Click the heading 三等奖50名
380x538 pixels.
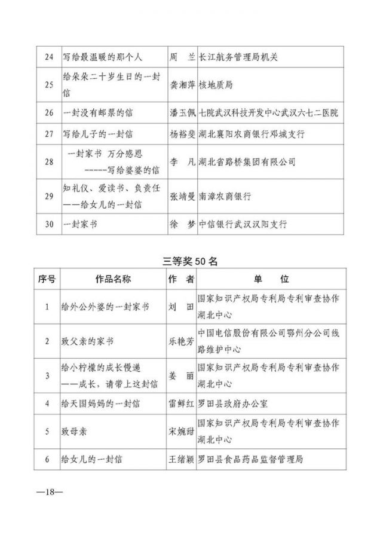point(189,261)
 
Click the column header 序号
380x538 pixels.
point(47,279)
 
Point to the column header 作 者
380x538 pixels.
point(182,279)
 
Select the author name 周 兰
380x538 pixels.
point(182,58)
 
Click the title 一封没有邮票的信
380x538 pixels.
point(99,112)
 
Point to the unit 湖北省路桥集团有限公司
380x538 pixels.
point(246,162)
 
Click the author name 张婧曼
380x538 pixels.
point(182,195)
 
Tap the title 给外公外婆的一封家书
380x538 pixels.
point(105,307)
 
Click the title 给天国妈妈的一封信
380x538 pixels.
point(101,403)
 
